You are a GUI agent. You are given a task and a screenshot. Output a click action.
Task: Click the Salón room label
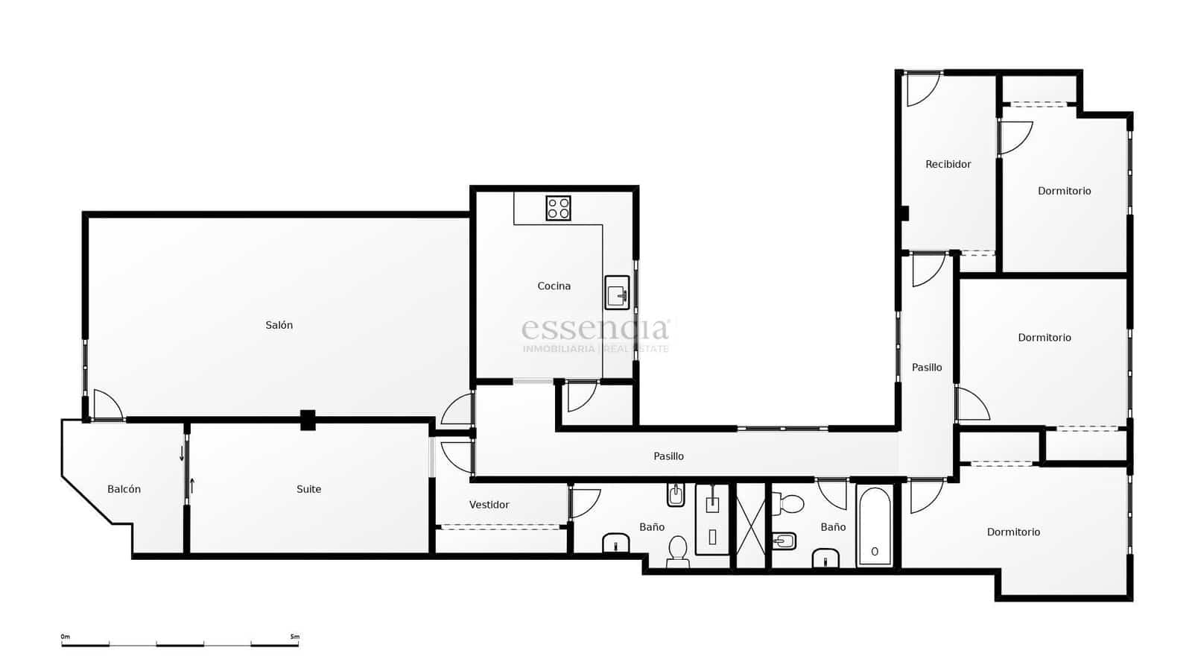coord(279,325)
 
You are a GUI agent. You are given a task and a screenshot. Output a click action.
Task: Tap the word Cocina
coord(554,286)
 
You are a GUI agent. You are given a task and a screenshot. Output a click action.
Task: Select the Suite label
coord(308,489)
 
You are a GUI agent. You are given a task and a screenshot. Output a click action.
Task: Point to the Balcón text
coord(124,489)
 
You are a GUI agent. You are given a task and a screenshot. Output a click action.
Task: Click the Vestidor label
coord(489,505)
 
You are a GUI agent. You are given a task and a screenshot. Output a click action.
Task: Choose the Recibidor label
coord(948,164)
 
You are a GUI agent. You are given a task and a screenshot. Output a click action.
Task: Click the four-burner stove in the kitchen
coord(558,208)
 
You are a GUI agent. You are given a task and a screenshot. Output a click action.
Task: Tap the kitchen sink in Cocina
coord(617,292)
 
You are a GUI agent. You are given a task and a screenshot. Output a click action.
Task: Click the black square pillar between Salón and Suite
coord(308,420)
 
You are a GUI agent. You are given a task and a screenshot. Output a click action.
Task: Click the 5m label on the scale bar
coord(294,637)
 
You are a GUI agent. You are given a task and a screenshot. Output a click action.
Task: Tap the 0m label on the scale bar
coord(66,637)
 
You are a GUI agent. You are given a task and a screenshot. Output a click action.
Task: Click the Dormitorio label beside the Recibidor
coord(1064,191)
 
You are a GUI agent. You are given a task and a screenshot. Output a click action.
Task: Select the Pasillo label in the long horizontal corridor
coord(668,456)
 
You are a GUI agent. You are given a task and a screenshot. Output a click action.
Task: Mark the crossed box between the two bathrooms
coord(751,526)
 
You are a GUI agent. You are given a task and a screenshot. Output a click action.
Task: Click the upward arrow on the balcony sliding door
coord(192,486)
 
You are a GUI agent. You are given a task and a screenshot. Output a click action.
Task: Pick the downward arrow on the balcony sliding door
coord(181,453)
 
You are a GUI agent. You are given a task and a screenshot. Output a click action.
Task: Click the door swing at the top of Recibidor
coord(921,89)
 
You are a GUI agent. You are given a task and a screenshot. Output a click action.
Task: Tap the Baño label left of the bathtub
coord(833,527)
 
